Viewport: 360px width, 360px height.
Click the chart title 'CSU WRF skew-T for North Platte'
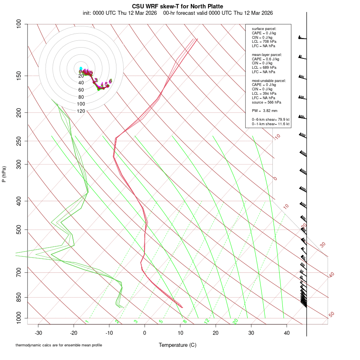178,6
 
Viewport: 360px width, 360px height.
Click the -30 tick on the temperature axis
38,332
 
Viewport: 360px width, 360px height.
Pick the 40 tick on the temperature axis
287,332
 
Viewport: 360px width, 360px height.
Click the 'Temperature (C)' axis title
178,345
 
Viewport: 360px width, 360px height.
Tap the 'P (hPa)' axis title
4,174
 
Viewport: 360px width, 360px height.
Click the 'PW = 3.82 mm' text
262,110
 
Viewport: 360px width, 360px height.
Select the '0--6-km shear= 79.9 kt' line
271,119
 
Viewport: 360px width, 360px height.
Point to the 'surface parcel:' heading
264,29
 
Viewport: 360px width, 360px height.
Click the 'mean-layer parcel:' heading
267,54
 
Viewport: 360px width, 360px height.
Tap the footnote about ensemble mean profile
59,345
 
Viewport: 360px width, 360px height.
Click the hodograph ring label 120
81,111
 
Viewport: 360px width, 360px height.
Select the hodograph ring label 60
81,90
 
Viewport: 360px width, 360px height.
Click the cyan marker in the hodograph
81,69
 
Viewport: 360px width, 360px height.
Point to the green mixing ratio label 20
235,321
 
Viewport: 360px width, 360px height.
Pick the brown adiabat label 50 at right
331,315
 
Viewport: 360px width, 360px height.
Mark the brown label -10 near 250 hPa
277,137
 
